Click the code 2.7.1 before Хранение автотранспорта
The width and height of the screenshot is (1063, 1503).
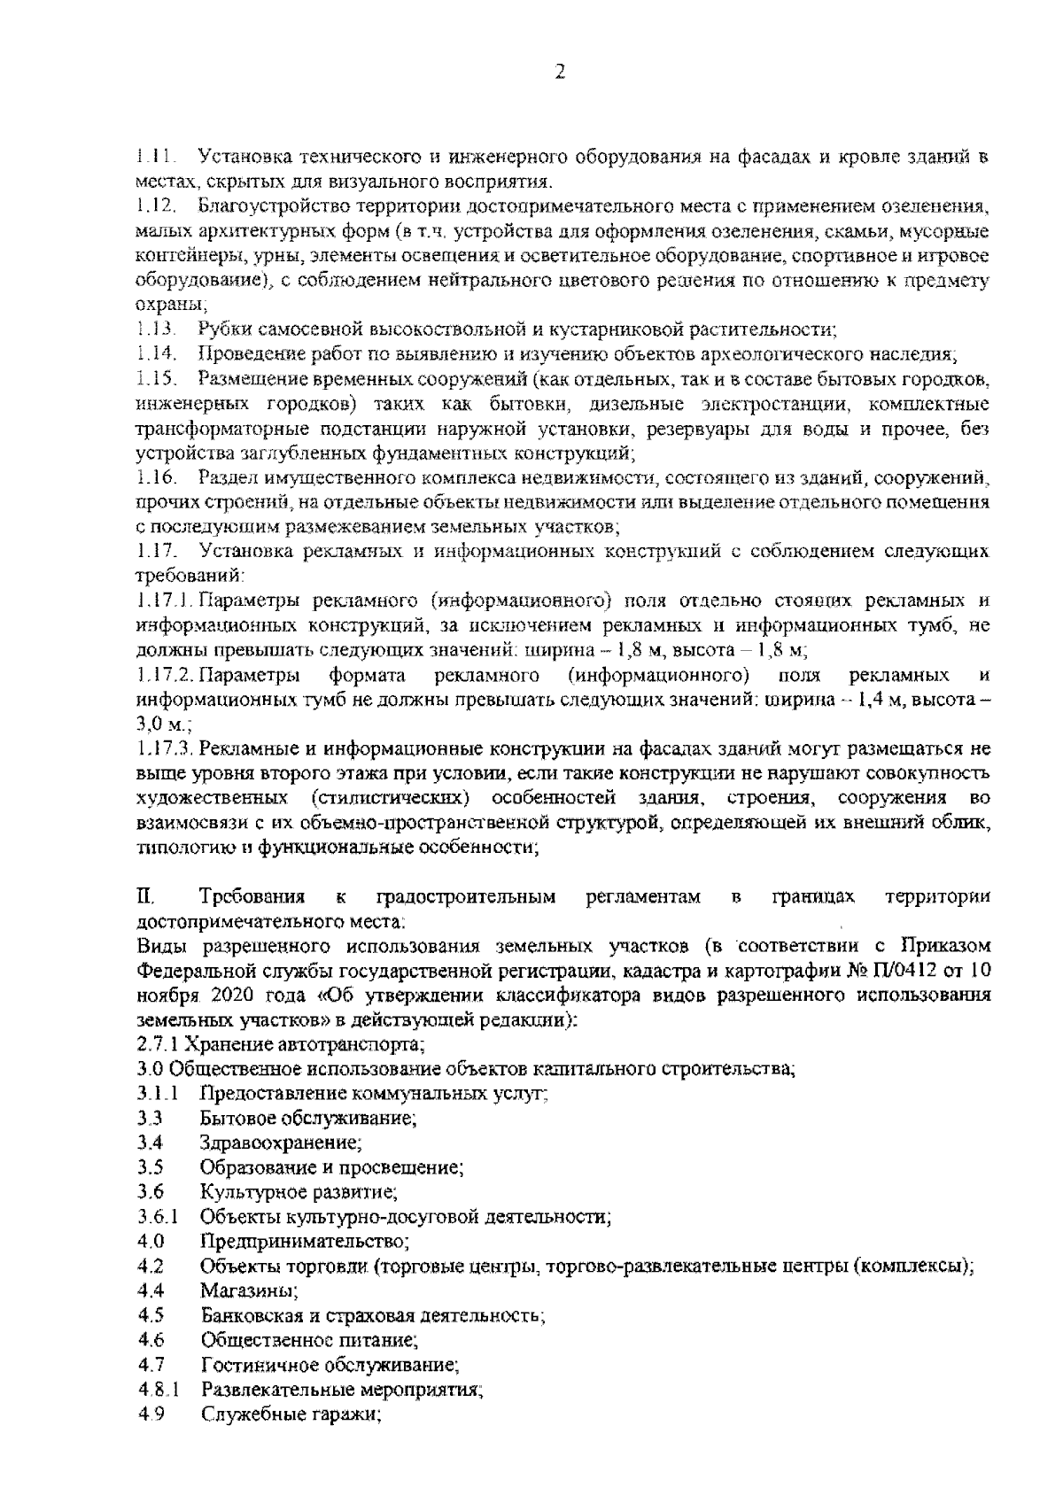[157, 1044]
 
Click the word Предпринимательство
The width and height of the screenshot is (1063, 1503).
[304, 1241]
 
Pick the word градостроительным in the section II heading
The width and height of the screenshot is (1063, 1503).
[467, 897]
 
